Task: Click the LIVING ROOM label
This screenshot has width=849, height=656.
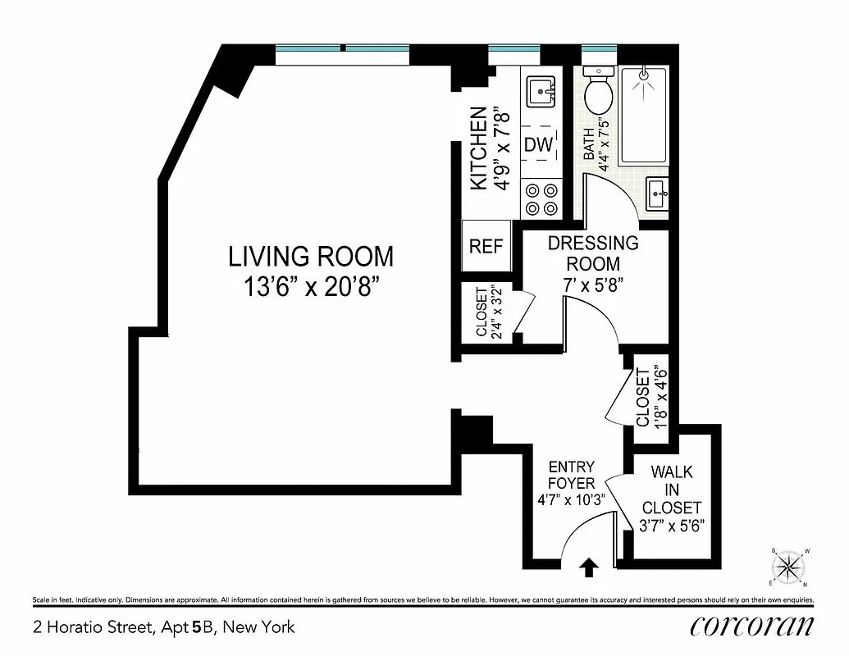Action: (x=310, y=257)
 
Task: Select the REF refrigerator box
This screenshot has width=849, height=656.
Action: (x=486, y=247)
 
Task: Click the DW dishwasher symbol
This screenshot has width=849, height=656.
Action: (x=539, y=145)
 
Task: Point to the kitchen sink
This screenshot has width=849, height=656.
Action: (x=540, y=89)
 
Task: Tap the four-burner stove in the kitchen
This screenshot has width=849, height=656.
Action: (x=541, y=198)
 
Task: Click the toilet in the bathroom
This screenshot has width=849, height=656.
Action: (x=599, y=90)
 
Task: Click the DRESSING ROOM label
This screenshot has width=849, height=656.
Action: (x=592, y=253)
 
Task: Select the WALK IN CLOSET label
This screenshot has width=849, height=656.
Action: (x=671, y=490)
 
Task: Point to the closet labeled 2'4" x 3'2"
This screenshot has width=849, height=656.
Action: (x=486, y=312)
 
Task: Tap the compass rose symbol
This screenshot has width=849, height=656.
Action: (x=788, y=567)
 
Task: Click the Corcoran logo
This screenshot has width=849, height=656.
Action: (x=752, y=626)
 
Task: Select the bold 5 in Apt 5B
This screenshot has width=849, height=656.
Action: (x=196, y=628)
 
